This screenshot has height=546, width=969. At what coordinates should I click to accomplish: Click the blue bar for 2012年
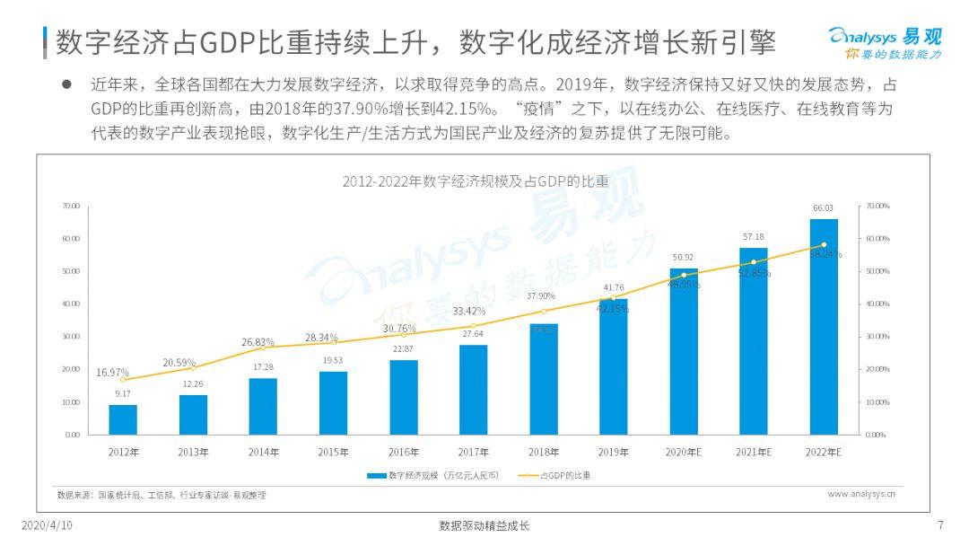pyautogui.click(x=123, y=419)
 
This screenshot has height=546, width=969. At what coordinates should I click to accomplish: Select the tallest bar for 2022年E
pyautogui.click(x=824, y=327)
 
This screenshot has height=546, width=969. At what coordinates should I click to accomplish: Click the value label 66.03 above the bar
pyautogui.click(x=823, y=208)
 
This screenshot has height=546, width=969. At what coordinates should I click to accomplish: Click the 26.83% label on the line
pyautogui.click(x=258, y=342)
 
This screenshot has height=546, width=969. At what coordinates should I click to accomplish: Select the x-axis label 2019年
pyautogui.click(x=613, y=452)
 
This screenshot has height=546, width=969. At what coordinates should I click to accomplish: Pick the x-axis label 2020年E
pyautogui.click(x=683, y=452)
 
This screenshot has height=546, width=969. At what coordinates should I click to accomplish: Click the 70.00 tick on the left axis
pyautogui.click(x=71, y=206)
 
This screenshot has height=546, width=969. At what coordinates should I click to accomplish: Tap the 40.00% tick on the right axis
pyautogui.click(x=877, y=304)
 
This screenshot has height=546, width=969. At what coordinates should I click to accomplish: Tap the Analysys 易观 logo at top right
pyautogui.click(x=885, y=42)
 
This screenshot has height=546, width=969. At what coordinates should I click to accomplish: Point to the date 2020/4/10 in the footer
pyautogui.click(x=47, y=525)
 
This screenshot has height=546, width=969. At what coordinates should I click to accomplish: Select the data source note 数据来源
pyautogui.click(x=161, y=495)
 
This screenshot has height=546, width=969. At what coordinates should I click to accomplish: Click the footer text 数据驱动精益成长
pyautogui.click(x=484, y=525)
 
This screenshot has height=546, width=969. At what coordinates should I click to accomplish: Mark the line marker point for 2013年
pyautogui.click(x=193, y=367)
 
